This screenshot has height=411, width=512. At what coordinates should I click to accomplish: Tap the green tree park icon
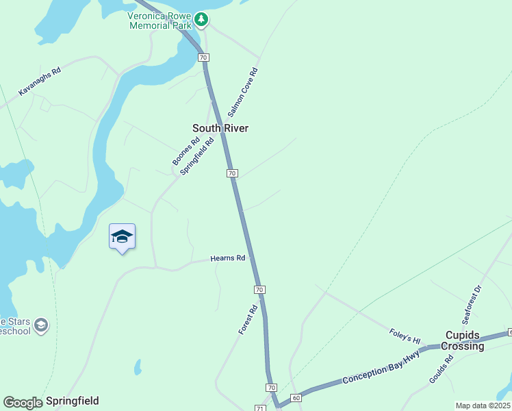point(201,18)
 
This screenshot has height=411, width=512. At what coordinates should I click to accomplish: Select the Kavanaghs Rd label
point(40,81)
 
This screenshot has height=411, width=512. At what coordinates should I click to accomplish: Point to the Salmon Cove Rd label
point(242,91)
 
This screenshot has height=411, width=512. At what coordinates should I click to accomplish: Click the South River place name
point(220,128)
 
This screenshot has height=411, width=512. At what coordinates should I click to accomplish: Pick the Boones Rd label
point(185,151)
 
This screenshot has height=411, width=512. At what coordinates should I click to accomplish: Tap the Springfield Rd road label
point(197,155)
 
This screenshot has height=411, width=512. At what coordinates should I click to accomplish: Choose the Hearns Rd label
point(227,258)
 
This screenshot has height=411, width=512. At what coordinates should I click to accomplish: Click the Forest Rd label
point(247,320)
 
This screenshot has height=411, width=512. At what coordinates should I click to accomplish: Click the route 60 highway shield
point(296,397)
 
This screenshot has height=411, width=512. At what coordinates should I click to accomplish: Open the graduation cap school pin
point(122,236)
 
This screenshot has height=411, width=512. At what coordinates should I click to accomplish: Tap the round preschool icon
point(41,324)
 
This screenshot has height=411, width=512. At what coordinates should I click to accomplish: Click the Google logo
point(23,402)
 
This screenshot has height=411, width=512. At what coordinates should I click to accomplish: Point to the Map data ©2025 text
point(483,406)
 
